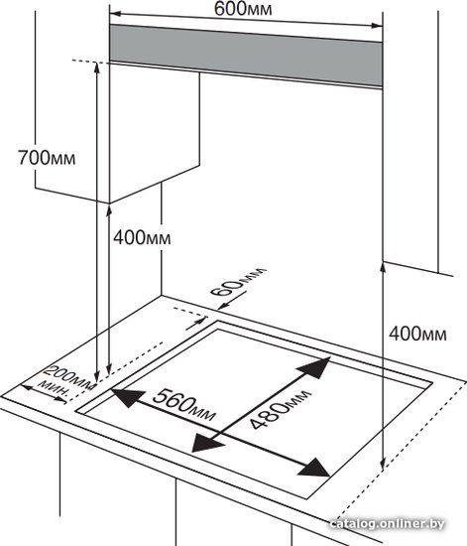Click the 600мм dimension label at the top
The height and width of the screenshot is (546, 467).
(x=243, y=9)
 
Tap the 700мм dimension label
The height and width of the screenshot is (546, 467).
(x=47, y=158)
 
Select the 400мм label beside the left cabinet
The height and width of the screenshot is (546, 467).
(x=142, y=238)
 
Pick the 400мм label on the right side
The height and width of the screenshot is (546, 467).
(x=417, y=334)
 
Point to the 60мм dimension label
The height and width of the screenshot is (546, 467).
(x=238, y=281)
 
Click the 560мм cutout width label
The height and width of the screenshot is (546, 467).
(x=184, y=405)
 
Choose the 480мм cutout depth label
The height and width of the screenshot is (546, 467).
(x=280, y=410)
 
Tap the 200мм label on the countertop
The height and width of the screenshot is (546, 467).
(x=69, y=378)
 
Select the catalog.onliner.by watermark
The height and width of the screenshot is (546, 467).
(x=387, y=524)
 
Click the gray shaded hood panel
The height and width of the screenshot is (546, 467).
(x=246, y=55)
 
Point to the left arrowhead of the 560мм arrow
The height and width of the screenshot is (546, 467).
(x=127, y=397)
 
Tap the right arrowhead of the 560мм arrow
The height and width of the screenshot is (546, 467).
(x=313, y=468)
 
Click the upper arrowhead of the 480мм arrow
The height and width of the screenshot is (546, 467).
(x=314, y=367)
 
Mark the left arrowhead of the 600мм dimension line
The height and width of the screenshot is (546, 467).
(x=115, y=14)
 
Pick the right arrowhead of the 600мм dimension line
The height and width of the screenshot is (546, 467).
(x=377, y=25)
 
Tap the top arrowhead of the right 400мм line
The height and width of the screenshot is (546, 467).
(x=383, y=267)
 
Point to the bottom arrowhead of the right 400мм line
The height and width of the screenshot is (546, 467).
(x=383, y=466)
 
